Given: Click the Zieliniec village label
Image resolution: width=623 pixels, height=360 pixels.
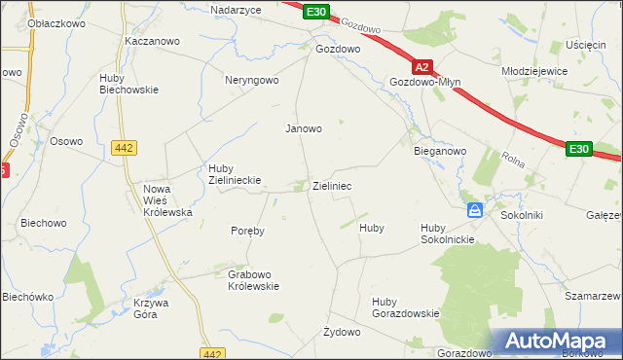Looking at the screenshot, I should (332, 185).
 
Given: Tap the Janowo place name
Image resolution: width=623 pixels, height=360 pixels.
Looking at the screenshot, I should (303, 128).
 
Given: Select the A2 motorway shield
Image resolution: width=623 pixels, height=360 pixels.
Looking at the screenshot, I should (421, 68).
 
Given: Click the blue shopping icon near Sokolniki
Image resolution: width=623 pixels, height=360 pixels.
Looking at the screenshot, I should (474, 210).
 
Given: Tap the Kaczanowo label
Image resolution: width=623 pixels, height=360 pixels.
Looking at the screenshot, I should (150, 42).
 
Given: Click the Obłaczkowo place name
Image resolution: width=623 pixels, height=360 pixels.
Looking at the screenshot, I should (30, 22).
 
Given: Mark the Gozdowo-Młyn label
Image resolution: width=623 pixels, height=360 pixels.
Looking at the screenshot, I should (424, 83).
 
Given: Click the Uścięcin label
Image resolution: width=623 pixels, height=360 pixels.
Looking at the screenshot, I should (586, 46).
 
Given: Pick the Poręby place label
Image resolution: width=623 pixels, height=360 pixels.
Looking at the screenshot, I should (248, 232).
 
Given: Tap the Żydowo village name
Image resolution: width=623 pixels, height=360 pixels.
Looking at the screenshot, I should (342, 333).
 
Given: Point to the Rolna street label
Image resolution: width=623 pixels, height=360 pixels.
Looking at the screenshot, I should (513, 159).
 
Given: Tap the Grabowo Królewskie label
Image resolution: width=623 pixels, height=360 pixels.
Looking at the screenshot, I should (254, 280).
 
